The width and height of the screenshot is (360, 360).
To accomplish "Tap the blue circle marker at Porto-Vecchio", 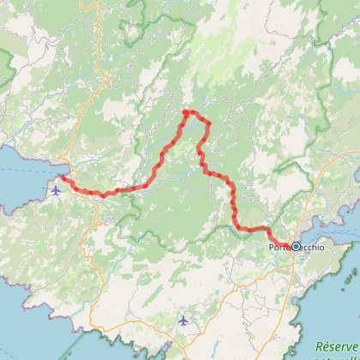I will click(x=296, y=246).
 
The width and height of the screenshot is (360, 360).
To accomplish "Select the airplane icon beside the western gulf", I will click(x=57, y=190).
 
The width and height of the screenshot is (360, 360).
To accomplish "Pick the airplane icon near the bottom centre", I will click(x=183, y=321).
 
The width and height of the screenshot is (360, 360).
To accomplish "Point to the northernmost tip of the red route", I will click(x=186, y=111).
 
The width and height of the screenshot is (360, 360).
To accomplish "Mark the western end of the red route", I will click(x=62, y=178).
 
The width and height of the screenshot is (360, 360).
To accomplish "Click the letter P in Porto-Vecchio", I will click(x=272, y=248).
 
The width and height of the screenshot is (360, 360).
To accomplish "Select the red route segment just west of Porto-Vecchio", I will click(x=257, y=229).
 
